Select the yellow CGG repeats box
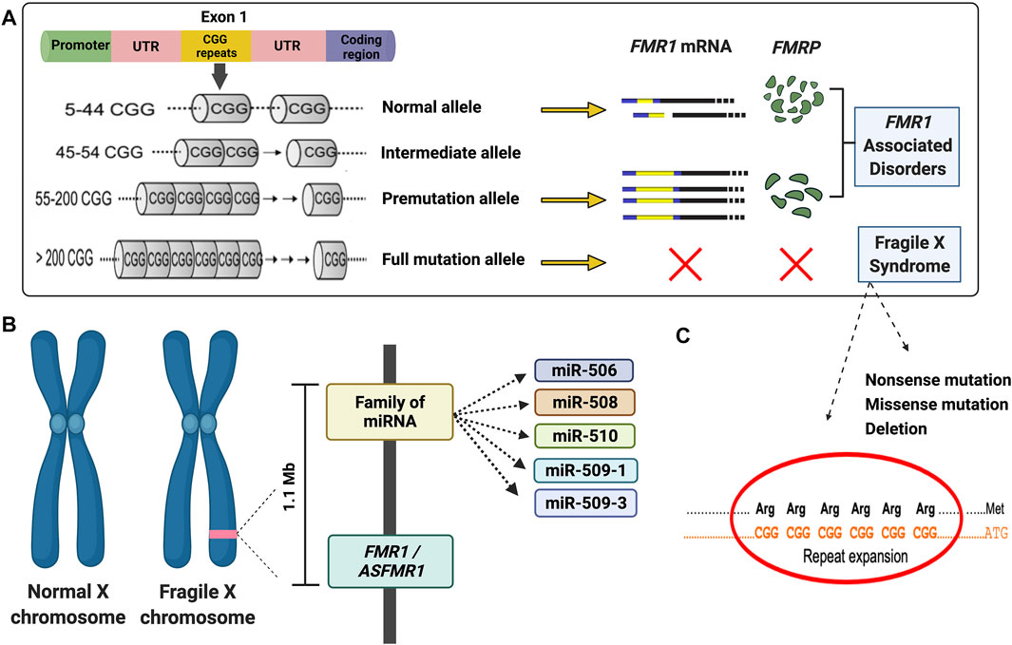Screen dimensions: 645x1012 pos(215,45)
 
